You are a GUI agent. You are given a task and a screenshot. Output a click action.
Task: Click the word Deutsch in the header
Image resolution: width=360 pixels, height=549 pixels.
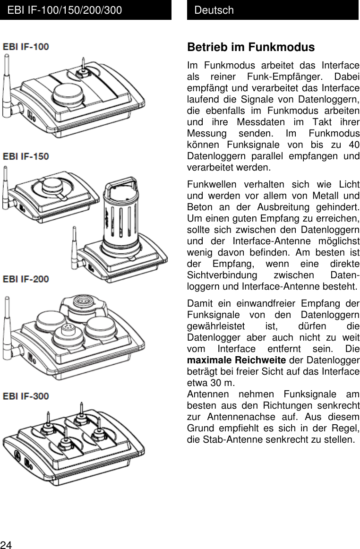pos(214,10)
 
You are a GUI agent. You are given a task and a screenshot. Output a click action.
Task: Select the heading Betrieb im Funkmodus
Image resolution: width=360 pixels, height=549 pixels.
pos(251,48)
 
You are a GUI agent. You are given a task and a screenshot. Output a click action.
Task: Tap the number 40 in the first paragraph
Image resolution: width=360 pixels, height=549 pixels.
pos(352,145)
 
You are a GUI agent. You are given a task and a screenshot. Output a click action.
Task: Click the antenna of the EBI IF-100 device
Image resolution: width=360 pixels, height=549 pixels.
pos(8,85)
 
